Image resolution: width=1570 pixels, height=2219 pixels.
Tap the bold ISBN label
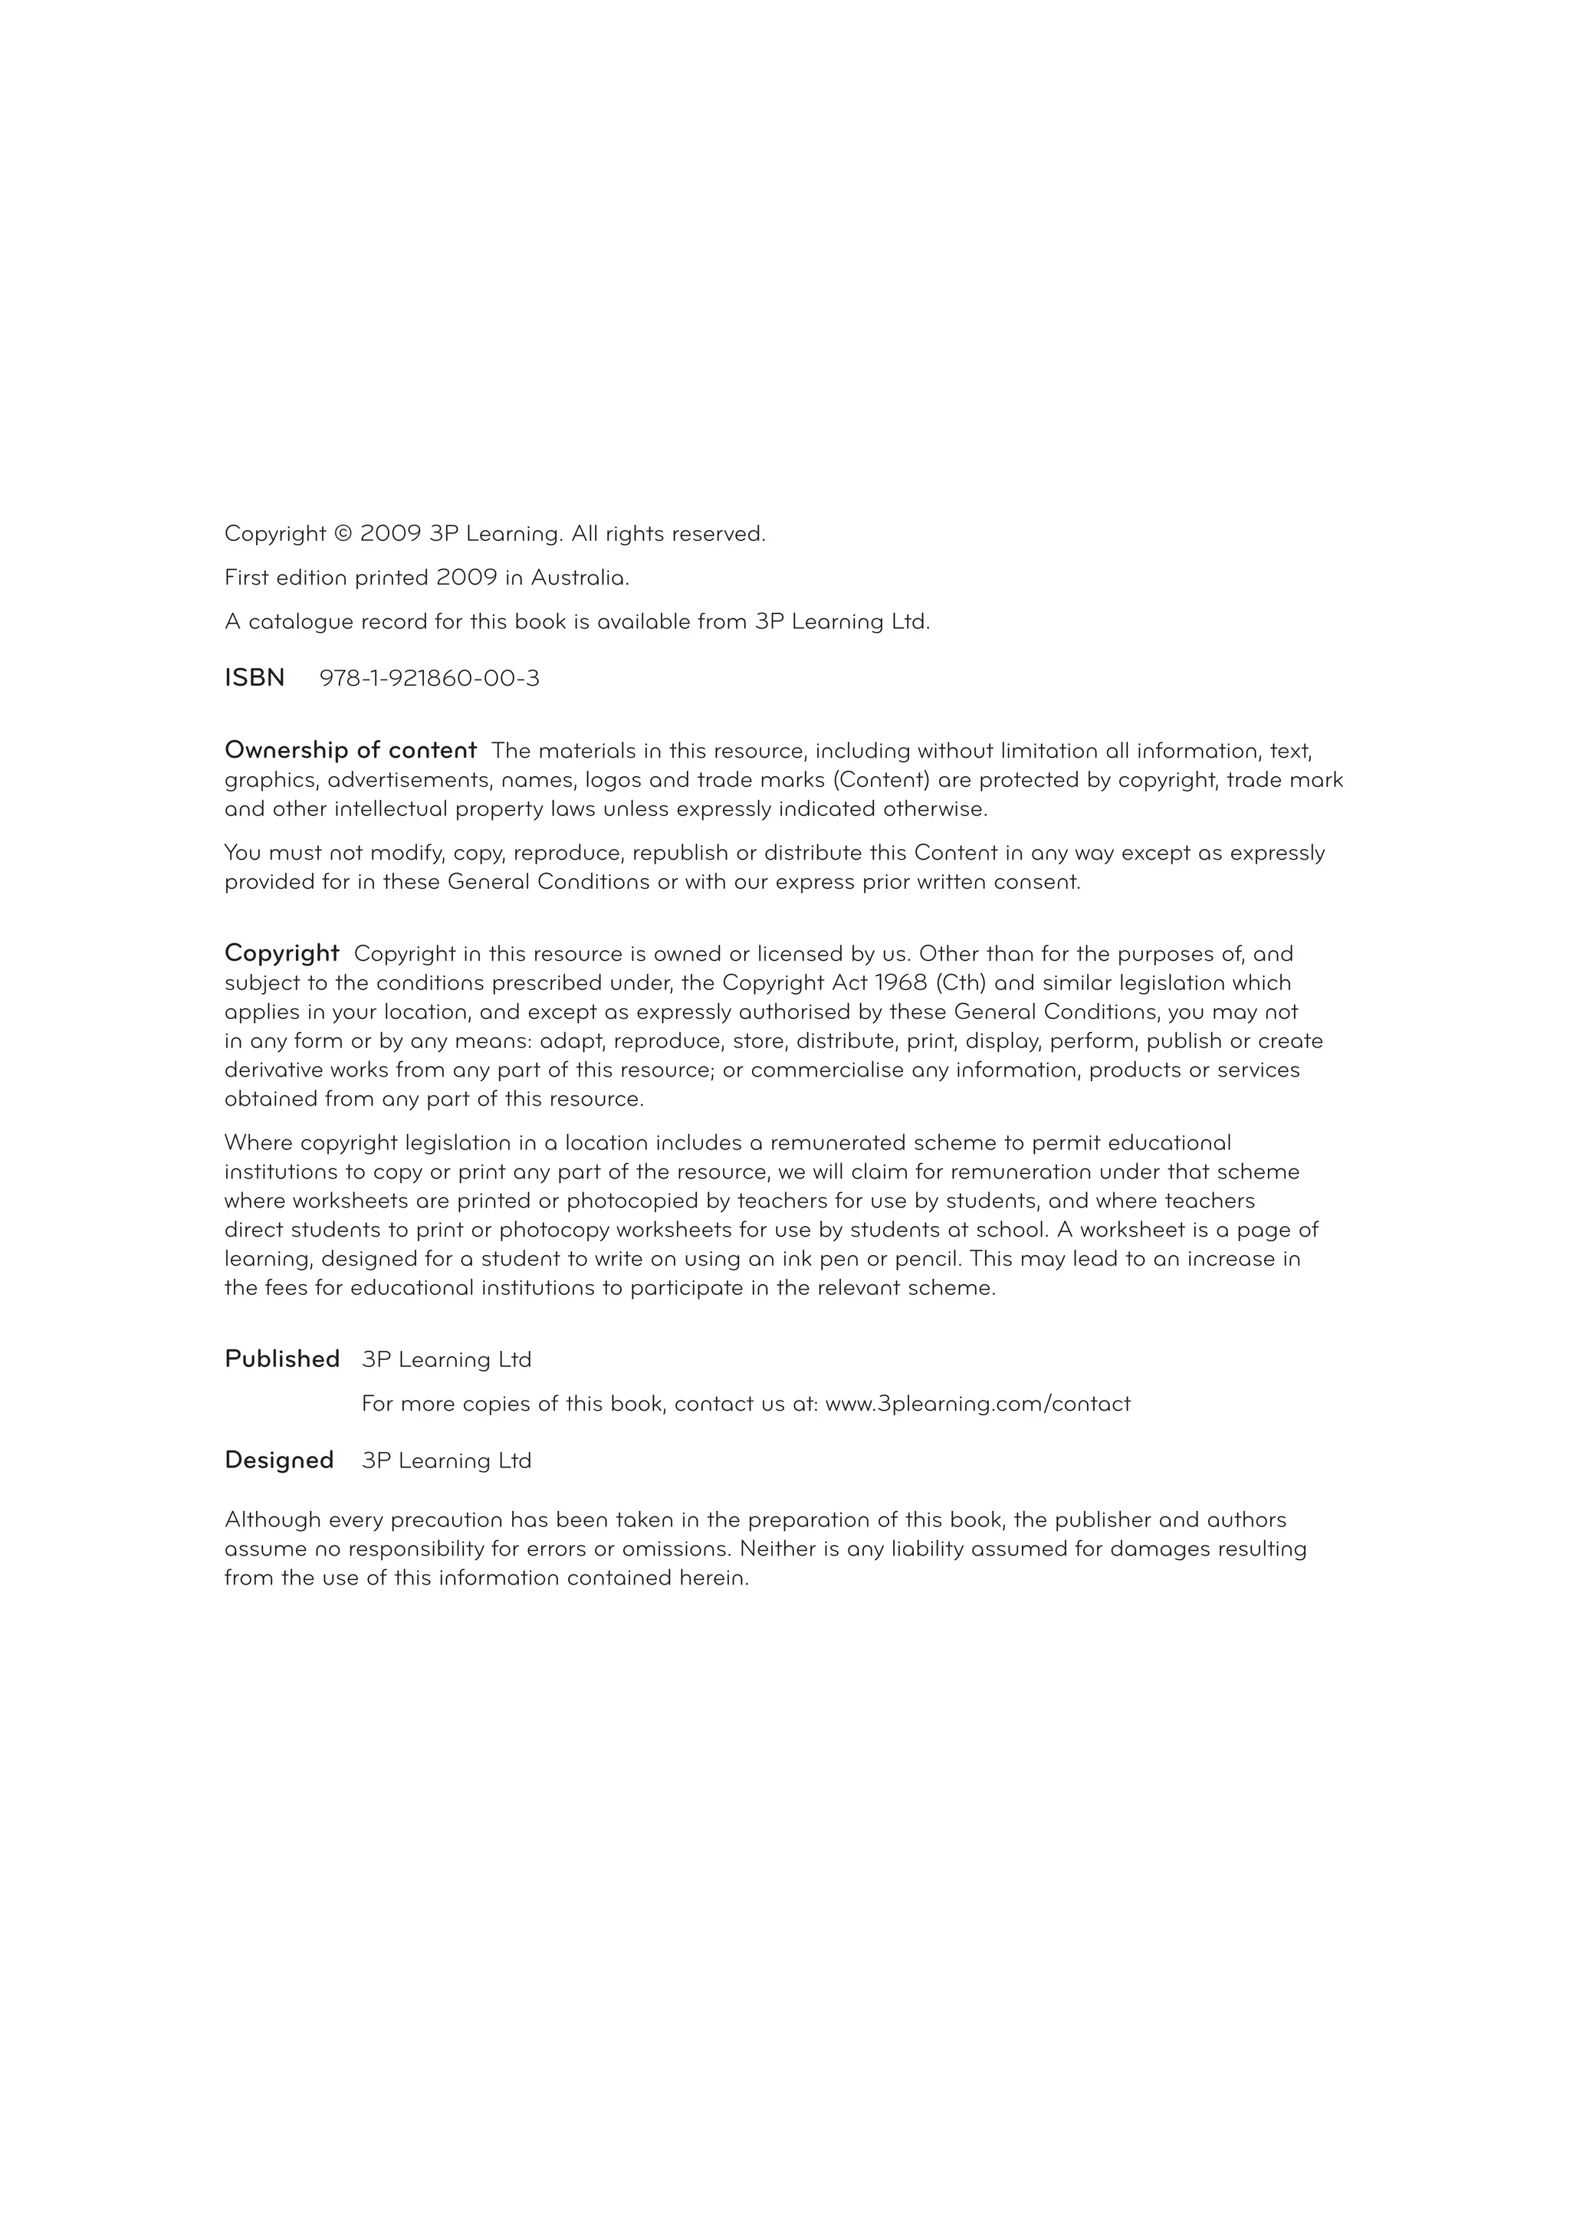(255, 678)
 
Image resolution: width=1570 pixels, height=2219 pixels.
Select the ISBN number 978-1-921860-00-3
(429, 678)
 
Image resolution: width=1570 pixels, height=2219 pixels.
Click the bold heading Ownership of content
(350, 750)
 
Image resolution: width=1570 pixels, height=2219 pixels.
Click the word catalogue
(301, 621)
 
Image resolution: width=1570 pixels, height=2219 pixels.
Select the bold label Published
(282, 1359)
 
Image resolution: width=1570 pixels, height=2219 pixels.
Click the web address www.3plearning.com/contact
(977, 1403)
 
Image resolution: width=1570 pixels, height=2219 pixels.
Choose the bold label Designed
(279, 1460)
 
